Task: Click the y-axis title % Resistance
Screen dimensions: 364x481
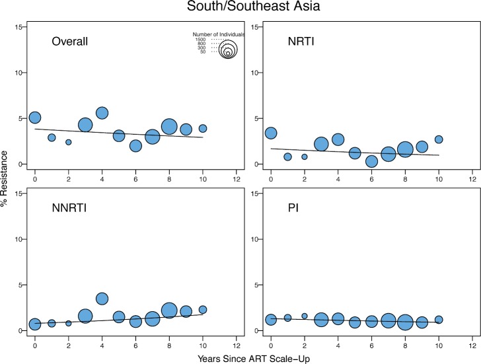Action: (x=6, y=178)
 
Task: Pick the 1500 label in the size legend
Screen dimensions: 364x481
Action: (x=200, y=39)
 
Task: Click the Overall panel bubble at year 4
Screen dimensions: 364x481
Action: (x=102, y=113)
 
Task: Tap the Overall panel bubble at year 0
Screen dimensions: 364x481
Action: (x=35, y=118)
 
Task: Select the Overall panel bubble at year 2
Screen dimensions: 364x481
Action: (x=68, y=142)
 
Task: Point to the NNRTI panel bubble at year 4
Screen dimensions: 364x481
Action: (x=102, y=299)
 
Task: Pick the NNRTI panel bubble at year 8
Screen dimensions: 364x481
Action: (x=168, y=310)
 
